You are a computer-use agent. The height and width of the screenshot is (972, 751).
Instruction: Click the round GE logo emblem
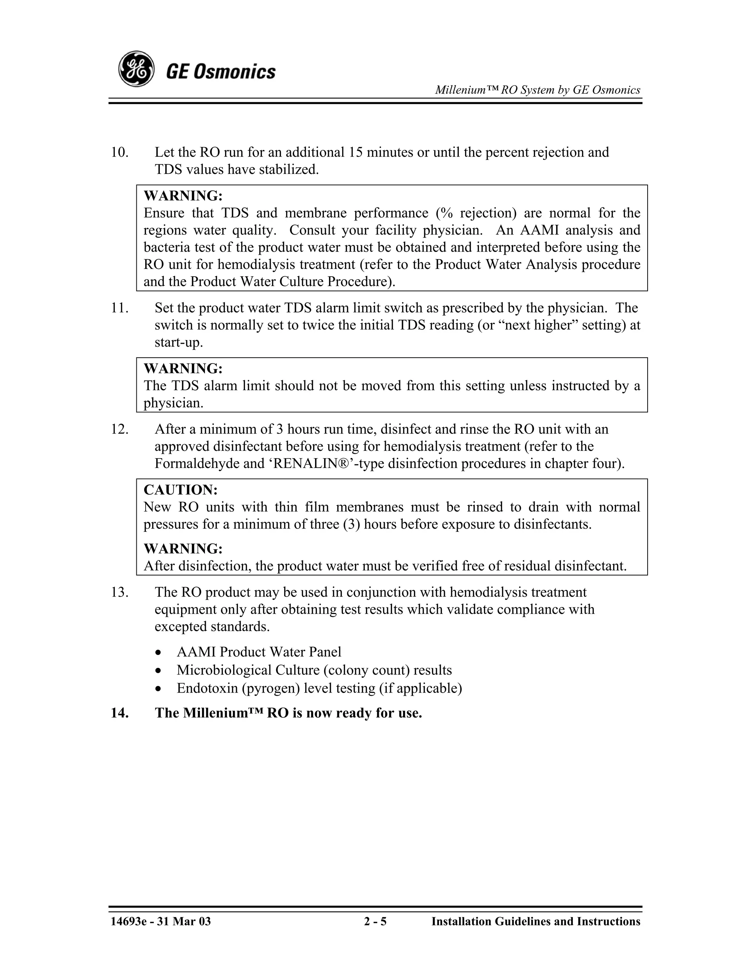136,69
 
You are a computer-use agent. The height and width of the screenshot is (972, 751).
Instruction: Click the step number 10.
119,153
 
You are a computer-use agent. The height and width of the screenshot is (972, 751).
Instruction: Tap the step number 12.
119,430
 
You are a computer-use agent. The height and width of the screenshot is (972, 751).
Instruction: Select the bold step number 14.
119,713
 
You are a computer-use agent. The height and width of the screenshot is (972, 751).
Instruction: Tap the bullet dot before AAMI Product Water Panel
159,653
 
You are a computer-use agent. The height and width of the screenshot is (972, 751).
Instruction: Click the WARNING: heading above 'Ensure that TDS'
183,196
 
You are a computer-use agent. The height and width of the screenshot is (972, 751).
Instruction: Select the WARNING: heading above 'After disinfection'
183,548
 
